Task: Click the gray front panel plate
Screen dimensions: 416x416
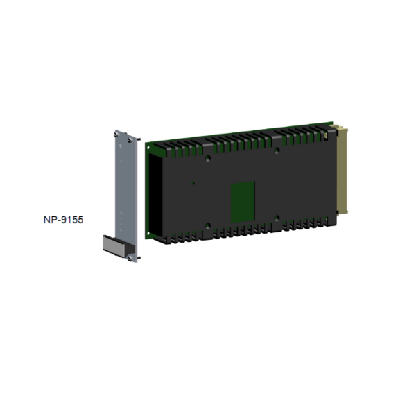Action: (123, 187)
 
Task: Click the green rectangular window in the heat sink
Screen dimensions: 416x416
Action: (243, 198)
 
